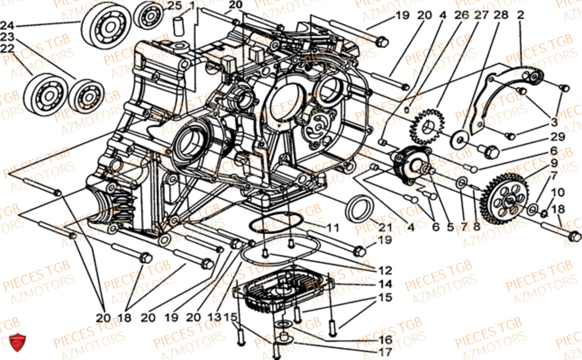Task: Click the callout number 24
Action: pyautogui.click(x=8, y=26)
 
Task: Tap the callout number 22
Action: pyautogui.click(x=8, y=49)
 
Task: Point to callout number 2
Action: pyautogui.click(x=520, y=14)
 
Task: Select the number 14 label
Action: pyautogui.click(x=384, y=284)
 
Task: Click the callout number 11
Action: pyautogui.click(x=332, y=227)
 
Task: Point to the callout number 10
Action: pyautogui.click(x=557, y=193)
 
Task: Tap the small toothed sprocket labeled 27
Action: pyautogui.click(x=428, y=128)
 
